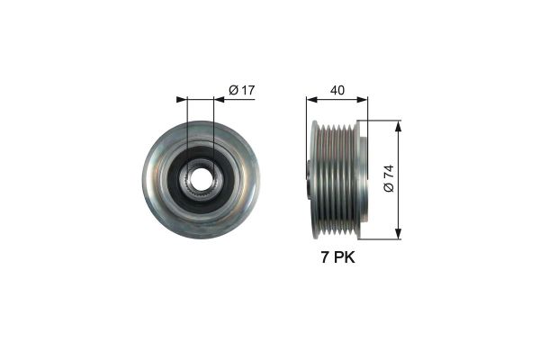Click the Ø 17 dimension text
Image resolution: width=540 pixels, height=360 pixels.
click(240, 89)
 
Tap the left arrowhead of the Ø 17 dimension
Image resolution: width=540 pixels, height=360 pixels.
click(182, 99)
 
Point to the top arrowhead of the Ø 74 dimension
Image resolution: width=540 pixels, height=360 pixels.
click(397, 124)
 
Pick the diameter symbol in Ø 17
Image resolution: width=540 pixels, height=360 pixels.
click(232, 89)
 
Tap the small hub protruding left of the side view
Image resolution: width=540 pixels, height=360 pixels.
click(307, 180)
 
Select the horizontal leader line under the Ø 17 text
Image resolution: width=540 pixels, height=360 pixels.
click(236, 99)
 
